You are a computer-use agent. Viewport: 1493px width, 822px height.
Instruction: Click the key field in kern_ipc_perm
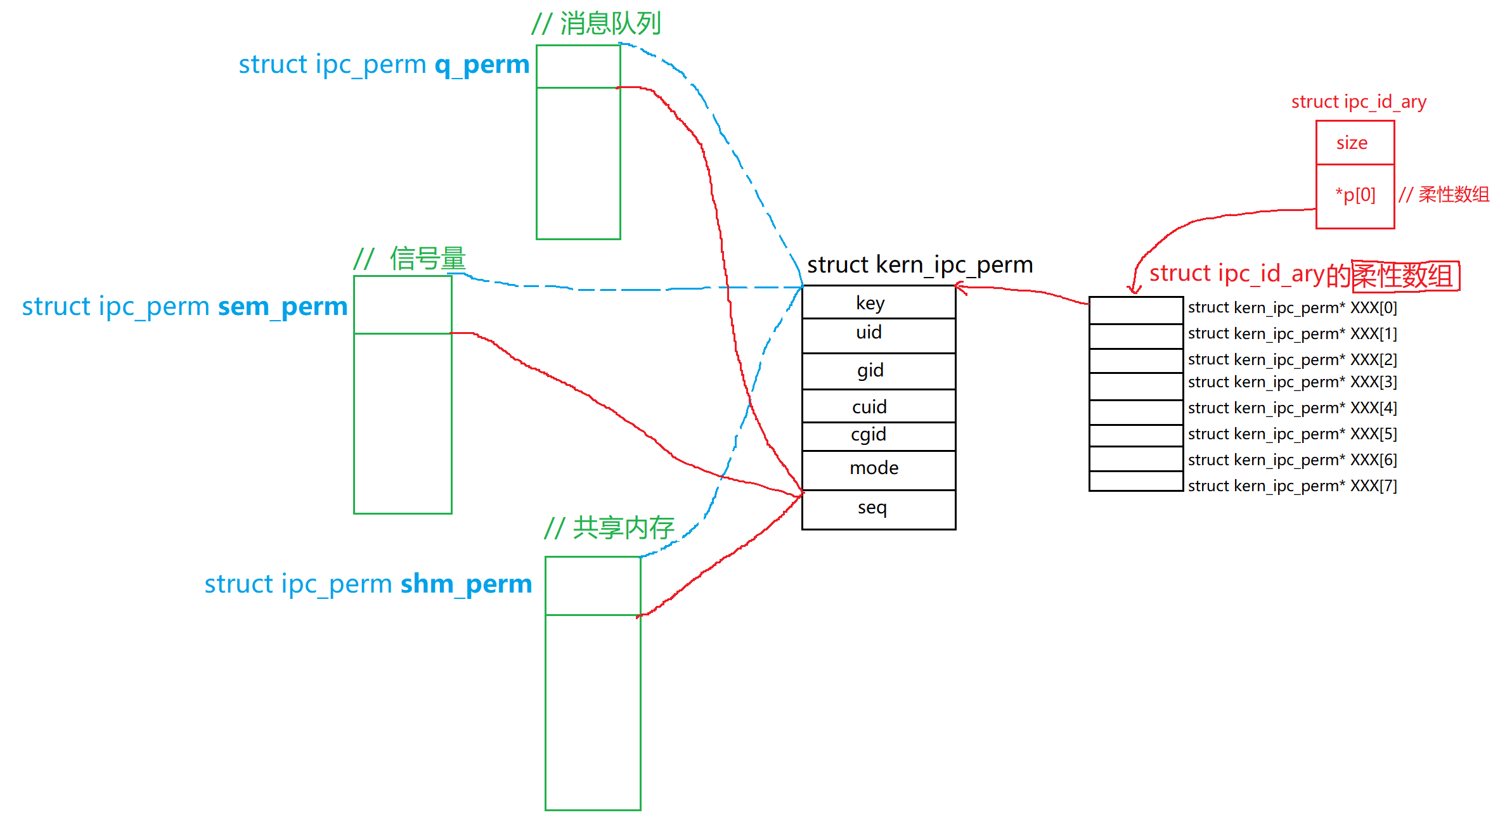(878, 302)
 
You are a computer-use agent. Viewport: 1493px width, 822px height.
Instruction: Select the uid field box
(878, 334)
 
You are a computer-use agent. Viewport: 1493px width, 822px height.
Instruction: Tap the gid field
(878, 371)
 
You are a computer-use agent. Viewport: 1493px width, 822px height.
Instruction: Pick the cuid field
(878, 406)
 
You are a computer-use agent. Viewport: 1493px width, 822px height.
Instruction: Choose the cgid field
(878, 435)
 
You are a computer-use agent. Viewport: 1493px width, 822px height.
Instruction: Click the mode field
(878, 469)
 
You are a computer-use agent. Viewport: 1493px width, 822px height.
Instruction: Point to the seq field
(878, 508)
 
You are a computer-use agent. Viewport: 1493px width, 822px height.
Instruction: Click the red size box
(1354, 143)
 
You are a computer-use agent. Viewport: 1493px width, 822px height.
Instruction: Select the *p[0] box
(1354, 195)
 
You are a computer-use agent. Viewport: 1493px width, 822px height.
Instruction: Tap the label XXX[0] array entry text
(1292, 308)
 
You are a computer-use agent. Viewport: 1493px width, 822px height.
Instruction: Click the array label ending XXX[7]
(1292, 486)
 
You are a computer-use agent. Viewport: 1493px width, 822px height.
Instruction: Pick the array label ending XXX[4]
(1292, 408)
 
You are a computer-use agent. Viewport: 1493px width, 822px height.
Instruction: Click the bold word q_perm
(482, 65)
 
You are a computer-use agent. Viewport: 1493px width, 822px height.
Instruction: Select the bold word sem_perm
(283, 307)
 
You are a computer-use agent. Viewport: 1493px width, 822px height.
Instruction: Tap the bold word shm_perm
(466, 584)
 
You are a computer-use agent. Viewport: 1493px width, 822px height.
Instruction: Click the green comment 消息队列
(609, 24)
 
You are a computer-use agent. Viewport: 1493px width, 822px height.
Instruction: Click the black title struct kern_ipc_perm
(919, 265)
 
